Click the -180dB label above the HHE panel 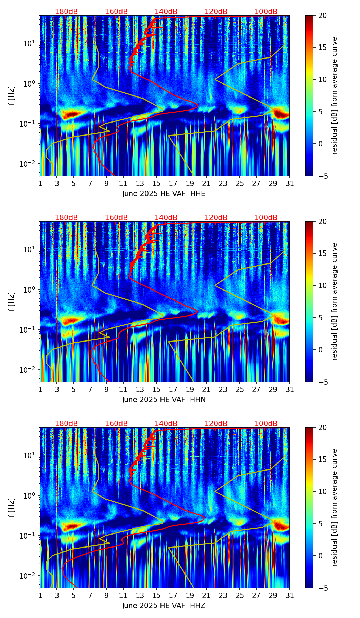click(65, 12)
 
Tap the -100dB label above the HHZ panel click(265, 424)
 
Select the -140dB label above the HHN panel click(165, 218)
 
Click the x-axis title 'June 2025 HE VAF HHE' click(164, 194)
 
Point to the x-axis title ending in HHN click(164, 400)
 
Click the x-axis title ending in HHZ click(164, 606)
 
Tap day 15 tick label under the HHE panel click(156, 183)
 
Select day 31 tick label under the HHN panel click(289, 389)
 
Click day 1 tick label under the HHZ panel click(40, 595)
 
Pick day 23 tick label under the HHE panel click(223, 183)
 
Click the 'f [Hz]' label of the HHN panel click(12, 301)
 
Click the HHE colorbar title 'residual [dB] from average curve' click(334, 95)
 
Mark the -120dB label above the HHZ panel click(215, 424)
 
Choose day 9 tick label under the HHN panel click(106, 389)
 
